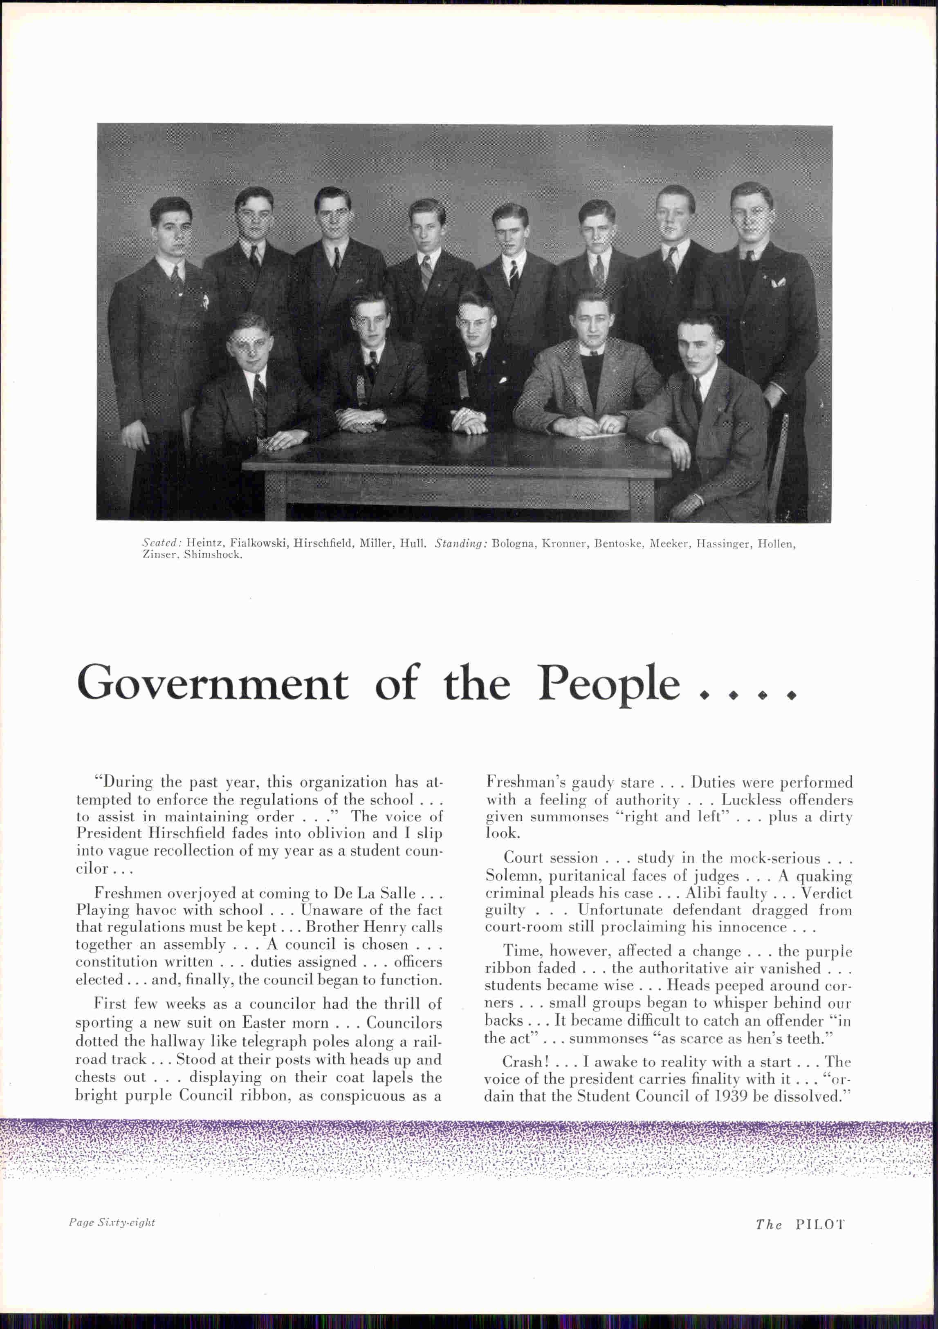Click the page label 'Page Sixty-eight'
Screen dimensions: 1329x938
112,1222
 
